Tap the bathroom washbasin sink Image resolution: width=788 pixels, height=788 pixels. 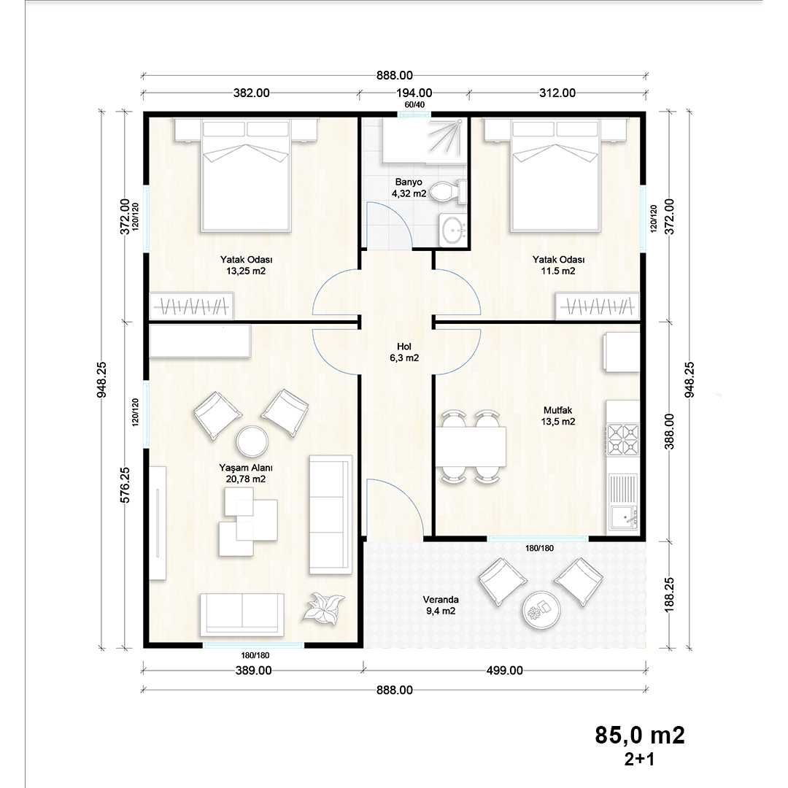pos(453,230)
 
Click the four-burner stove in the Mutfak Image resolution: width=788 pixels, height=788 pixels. pos(623,439)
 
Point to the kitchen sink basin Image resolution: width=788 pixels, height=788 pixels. pos(624,517)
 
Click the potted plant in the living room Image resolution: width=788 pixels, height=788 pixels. pos(324,607)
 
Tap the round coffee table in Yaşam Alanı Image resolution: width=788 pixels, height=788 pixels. pos(252,441)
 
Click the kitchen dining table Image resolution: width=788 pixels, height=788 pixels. pos(471,447)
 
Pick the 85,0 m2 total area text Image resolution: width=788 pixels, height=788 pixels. pos(640,735)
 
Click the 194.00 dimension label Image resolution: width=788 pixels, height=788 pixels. pos(414,93)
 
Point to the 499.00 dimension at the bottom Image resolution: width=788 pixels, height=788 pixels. pos(505,671)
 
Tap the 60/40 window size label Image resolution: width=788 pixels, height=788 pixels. pos(414,104)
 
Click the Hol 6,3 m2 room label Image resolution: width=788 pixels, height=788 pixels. pos(404,352)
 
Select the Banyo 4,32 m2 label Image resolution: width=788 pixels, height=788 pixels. pos(409,188)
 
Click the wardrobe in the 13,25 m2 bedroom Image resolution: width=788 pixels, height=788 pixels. pos(191,306)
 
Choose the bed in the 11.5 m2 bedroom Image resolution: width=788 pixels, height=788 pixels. pos(555,175)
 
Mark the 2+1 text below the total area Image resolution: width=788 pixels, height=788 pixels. pos(639,760)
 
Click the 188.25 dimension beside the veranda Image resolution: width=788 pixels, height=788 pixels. pos(669,595)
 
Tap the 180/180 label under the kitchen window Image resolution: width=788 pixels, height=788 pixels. pos(540,548)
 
